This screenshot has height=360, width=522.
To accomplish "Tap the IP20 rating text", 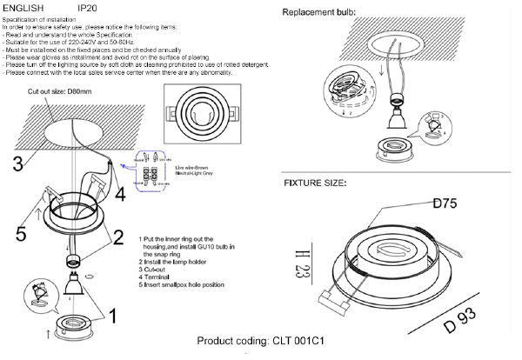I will tap(87, 7).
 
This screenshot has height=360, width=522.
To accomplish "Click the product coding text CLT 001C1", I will tap(261, 341).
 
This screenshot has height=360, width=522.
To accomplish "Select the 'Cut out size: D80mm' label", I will tap(60, 90).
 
